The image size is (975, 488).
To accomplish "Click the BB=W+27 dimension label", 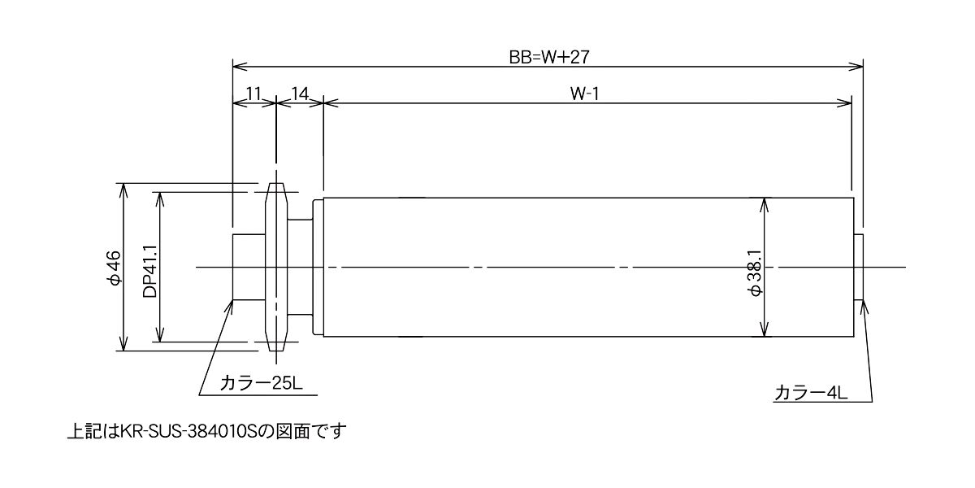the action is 549,57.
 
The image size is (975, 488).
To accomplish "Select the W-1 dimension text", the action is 584,94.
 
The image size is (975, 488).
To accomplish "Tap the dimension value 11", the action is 253,94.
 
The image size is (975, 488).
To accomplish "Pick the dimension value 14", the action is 300,94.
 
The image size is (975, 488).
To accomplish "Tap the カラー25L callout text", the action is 261,383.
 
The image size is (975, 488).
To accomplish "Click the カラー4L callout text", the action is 811,393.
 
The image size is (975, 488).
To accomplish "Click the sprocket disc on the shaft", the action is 276,267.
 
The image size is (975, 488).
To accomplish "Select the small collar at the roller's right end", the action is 859,267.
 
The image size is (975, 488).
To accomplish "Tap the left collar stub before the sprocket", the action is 249,267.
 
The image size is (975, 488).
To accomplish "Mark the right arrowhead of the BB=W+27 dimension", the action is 856,67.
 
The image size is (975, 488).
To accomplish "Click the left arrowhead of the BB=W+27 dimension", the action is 240,67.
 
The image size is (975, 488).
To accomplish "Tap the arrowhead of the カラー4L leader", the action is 864,307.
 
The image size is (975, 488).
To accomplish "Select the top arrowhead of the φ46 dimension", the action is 123,190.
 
